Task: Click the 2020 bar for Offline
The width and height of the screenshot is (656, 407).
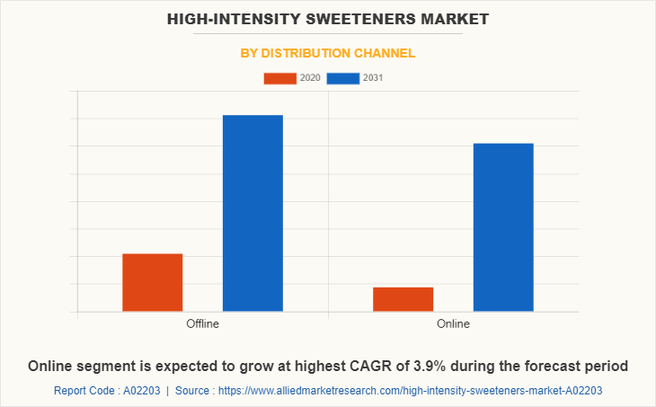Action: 153,283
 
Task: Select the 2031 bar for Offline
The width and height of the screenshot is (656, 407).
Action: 253,214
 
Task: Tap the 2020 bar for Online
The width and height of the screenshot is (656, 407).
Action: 403,299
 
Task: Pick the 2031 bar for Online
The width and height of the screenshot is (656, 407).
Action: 503,227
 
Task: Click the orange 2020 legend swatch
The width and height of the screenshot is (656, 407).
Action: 279,78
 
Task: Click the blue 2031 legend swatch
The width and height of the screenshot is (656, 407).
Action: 342,78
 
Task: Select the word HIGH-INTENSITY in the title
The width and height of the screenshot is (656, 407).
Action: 228,18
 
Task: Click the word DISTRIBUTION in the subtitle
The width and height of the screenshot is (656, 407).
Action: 309,53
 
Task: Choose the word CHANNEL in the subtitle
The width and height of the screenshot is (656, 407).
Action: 386,53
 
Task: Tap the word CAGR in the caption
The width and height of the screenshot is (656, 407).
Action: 373,366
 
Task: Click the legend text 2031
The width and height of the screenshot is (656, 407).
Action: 373,78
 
